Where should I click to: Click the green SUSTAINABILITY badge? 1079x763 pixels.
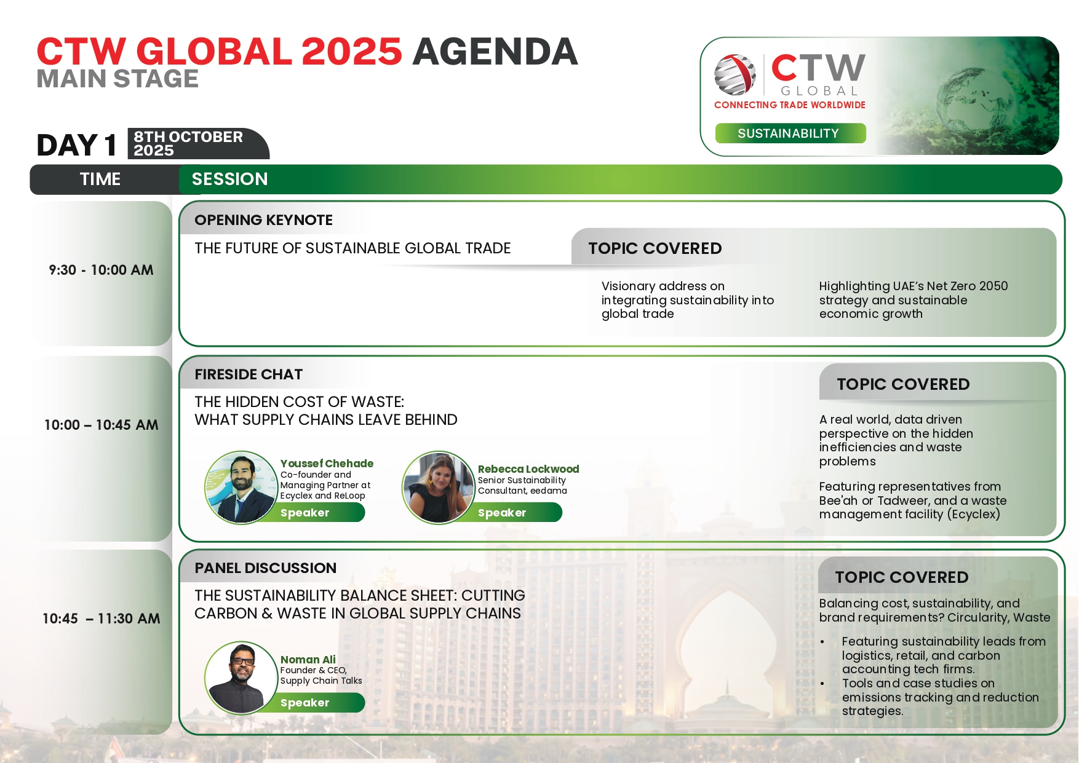click(x=790, y=133)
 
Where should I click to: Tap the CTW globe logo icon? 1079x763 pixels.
click(x=735, y=74)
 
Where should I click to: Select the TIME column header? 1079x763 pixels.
click(x=100, y=179)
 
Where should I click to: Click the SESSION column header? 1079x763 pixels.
click(x=229, y=179)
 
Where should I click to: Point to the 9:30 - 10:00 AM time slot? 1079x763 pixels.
click(x=101, y=270)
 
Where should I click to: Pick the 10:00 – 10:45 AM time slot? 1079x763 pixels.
click(x=101, y=425)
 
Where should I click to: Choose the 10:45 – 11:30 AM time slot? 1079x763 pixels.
click(x=101, y=619)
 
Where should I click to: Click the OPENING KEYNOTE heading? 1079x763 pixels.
click(x=263, y=220)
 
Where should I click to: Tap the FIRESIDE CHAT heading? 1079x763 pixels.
click(x=249, y=374)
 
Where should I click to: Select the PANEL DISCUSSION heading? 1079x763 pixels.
click(x=265, y=568)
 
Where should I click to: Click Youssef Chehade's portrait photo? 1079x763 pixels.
click(x=241, y=487)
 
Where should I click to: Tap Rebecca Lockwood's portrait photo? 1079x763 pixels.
click(x=439, y=487)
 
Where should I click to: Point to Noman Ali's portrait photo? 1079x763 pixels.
click(x=241, y=678)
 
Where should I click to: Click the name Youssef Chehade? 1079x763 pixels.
click(x=327, y=464)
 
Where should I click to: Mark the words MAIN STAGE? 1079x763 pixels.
click(x=117, y=79)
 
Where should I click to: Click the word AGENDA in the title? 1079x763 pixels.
click(x=495, y=51)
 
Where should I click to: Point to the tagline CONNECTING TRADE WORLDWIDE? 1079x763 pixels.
click(x=790, y=105)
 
